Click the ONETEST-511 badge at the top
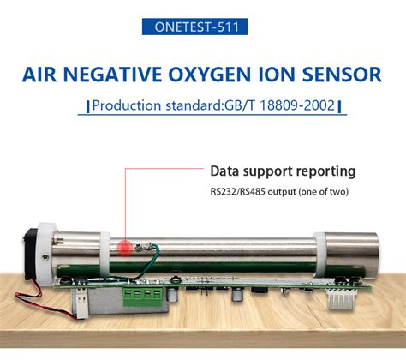[203, 27]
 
